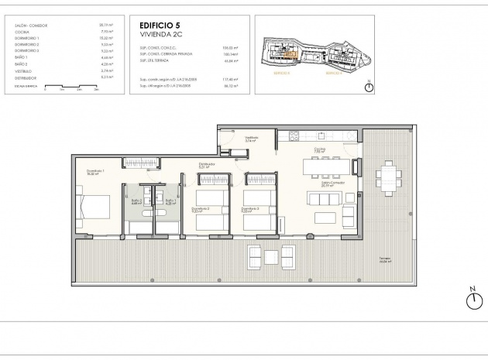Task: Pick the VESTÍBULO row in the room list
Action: click(26, 70)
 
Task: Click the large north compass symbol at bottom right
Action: click(472, 300)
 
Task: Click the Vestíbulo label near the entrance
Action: click(251, 140)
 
